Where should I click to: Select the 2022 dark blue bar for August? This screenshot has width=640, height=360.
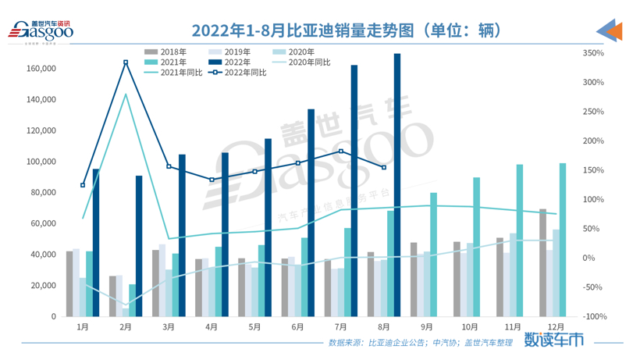pos(397,185)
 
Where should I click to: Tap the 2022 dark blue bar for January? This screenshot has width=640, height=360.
pos(96,242)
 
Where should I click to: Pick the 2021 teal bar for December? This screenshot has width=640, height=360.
pos(563,240)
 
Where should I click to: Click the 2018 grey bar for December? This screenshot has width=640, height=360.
pos(542,262)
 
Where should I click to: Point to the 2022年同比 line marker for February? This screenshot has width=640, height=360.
pos(126,62)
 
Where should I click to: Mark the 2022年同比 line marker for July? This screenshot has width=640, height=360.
pos(341,151)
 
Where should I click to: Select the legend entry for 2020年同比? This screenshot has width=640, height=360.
pos(308,62)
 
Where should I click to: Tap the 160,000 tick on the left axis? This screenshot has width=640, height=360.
pos(41,69)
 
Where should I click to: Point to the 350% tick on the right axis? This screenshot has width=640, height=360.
pos(594,53)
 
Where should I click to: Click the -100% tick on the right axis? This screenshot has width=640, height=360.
pos(594,316)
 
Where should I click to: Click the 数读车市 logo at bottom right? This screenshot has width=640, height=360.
pos(553,340)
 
